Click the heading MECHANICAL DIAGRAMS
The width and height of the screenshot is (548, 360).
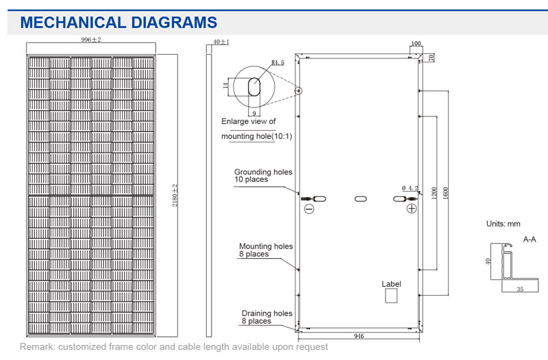[119, 23]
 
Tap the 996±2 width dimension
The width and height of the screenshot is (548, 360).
[91, 40]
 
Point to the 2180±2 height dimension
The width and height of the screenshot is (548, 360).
[175, 196]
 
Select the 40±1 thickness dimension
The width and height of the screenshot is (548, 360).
[221, 42]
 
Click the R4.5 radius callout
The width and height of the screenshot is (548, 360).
[278, 62]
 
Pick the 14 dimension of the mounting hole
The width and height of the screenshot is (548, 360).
[226, 85]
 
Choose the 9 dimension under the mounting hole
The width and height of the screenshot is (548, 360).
[254, 113]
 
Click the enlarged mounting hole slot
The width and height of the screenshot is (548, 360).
[254, 86]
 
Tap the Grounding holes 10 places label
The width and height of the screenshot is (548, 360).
[263, 176]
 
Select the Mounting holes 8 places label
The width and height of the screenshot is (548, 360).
[266, 250]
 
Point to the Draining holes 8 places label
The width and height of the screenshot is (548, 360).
[267, 317]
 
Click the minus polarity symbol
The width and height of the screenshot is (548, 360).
[309, 209]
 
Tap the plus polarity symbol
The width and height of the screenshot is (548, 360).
[412, 209]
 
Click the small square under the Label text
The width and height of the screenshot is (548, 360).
[391, 296]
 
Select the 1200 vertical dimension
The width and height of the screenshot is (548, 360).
[434, 193]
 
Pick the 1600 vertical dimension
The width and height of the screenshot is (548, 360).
[445, 193]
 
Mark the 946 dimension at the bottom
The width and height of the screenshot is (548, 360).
[358, 336]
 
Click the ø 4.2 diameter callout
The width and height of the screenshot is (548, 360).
[410, 188]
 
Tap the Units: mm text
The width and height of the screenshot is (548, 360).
[503, 224]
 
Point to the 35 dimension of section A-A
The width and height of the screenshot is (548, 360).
[520, 289]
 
